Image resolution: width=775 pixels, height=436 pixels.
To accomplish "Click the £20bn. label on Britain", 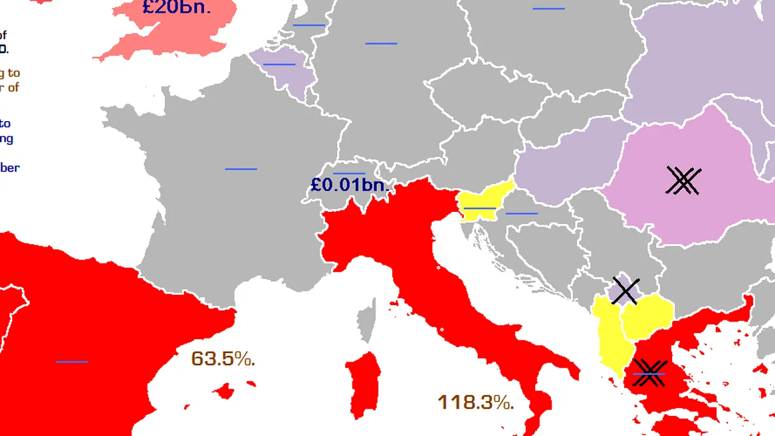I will (177, 7).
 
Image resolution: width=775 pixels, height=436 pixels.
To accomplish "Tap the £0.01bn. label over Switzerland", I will (349, 185).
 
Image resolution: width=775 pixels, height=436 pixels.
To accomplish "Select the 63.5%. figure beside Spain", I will (223, 358).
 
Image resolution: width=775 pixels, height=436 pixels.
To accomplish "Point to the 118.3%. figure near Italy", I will (475, 402).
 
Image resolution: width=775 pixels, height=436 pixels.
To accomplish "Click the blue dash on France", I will (241, 169).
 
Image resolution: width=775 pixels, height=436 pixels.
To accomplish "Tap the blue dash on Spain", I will (71, 362).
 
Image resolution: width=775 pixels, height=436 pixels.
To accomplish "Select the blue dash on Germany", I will (381, 44).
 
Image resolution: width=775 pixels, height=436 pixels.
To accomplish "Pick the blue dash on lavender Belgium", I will (279, 64).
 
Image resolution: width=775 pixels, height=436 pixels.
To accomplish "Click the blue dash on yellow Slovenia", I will (480, 208).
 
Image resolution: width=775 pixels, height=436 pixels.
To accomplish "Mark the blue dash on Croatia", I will (521, 213).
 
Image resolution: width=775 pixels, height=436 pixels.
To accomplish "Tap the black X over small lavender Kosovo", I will (625, 291).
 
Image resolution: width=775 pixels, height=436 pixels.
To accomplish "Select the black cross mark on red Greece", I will (649, 373).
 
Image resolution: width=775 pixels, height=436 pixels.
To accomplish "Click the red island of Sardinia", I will (364, 385).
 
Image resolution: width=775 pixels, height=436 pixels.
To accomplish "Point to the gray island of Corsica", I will (365, 322).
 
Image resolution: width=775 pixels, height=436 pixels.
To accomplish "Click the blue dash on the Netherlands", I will (309, 25).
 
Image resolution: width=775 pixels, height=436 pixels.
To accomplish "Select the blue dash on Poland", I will (549, 8).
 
